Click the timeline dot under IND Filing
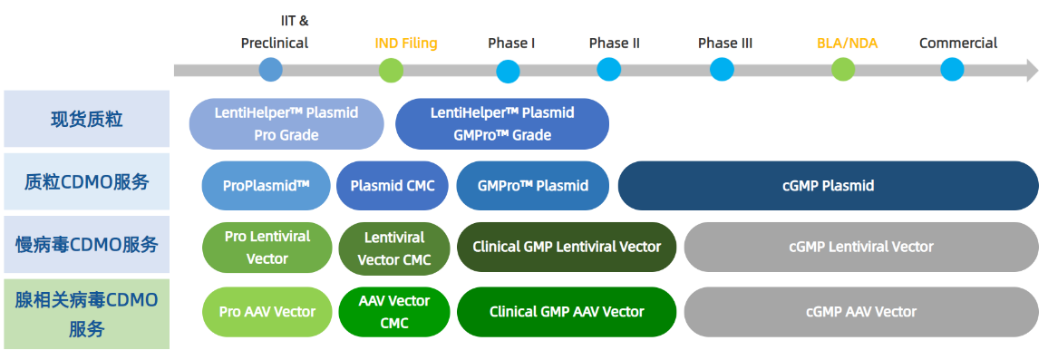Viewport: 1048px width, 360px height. (x=391, y=70)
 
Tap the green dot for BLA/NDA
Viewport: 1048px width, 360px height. (x=843, y=70)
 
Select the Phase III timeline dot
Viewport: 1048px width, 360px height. (x=722, y=70)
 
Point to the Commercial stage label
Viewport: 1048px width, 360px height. (x=957, y=44)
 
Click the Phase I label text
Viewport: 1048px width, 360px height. (x=511, y=44)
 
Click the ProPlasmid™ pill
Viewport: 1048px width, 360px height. (x=266, y=185)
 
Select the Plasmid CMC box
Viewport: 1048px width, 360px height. (x=393, y=185)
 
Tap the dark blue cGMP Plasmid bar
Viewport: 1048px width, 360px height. (x=828, y=185)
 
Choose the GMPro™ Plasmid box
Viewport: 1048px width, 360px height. (x=533, y=185)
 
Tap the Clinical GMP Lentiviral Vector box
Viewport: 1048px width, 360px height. (x=567, y=247)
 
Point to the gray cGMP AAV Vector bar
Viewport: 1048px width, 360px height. (x=861, y=312)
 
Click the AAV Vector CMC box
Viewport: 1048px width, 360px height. (x=394, y=312)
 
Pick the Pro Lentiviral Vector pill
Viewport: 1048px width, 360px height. (x=267, y=247)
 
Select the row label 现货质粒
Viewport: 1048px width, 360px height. (x=87, y=119)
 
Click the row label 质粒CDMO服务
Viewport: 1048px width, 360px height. (x=87, y=182)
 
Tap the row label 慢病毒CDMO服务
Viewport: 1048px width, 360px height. (x=87, y=245)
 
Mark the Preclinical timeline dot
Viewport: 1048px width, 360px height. (x=271, y=70)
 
